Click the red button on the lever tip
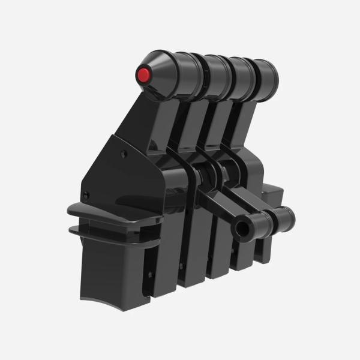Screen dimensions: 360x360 point(144,76)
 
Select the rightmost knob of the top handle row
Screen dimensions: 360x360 point(267,76)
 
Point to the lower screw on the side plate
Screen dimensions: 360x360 point(88,193)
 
